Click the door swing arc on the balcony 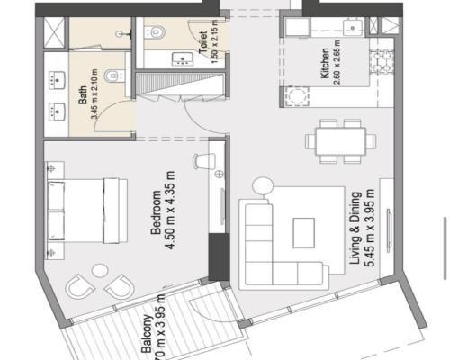coord(198,315)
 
